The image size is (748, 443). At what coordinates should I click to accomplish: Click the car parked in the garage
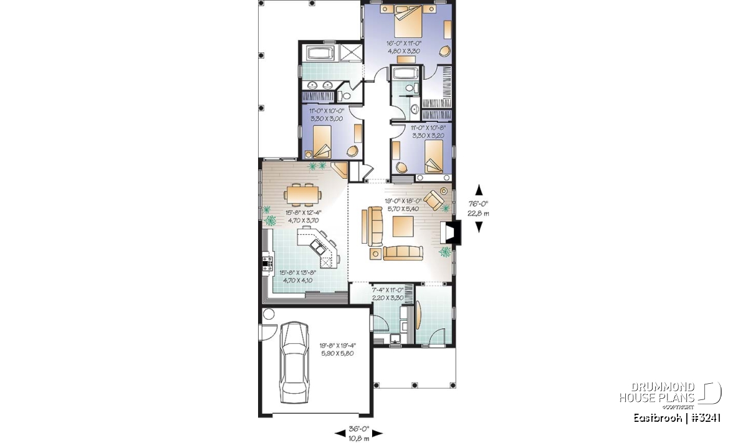[294, 363]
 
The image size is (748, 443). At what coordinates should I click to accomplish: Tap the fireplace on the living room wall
[451, 233]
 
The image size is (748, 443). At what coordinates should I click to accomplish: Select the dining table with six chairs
[303, 194]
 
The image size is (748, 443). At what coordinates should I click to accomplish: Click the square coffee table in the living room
[403, 226]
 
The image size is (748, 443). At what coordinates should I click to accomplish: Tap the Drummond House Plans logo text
[657, 392]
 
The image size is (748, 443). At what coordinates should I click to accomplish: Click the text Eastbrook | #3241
[677, 418]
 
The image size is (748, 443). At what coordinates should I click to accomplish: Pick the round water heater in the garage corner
[269, 314]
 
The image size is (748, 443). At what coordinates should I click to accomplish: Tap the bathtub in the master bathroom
[320, 54]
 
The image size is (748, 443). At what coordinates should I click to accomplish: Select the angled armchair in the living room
[434, 200]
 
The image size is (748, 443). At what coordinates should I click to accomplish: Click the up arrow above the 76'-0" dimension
[479, 189]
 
